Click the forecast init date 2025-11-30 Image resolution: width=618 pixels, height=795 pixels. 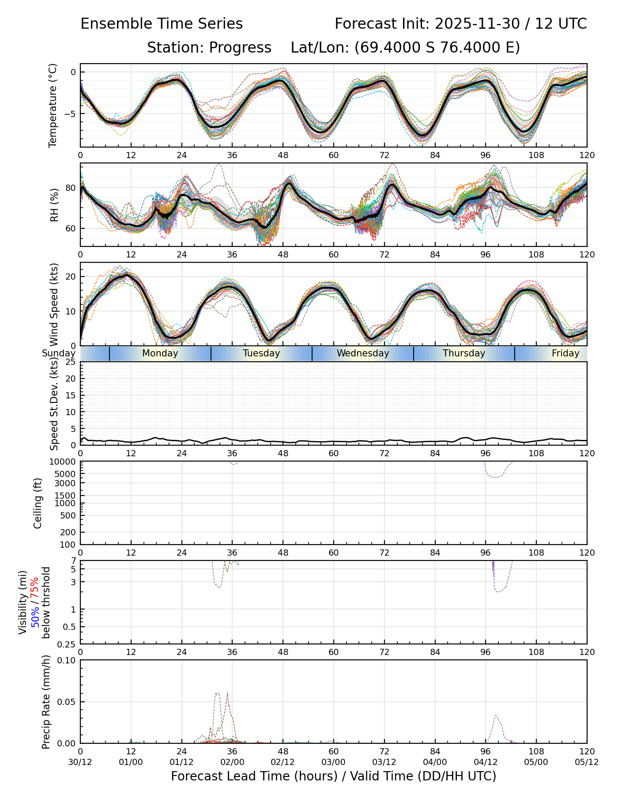pos(477,24)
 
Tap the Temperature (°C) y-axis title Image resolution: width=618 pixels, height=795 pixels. pos(53,105)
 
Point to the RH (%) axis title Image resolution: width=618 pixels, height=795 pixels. pos(54,205)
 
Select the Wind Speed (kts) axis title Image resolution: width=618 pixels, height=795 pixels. pos(54,304)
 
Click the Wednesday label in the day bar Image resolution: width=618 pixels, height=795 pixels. pos(363,353)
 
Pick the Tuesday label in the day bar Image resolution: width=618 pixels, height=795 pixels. pos(261,353)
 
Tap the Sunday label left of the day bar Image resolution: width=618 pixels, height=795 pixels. pos(59,353)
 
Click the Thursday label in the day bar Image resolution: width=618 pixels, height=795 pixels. pos(464,353)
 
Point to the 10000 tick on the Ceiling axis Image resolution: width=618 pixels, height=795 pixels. pos(65,462)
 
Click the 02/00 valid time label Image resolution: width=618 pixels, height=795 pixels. pos(232,762)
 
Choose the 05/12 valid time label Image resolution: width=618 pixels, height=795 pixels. pos(587,762)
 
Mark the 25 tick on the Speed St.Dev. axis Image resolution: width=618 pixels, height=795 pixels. pos(71,362)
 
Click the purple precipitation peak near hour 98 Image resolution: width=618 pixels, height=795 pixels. pos(496,715)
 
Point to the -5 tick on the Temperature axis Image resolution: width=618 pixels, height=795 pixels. pos(71,114)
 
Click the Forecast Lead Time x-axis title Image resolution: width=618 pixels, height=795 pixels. pos(333,776)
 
